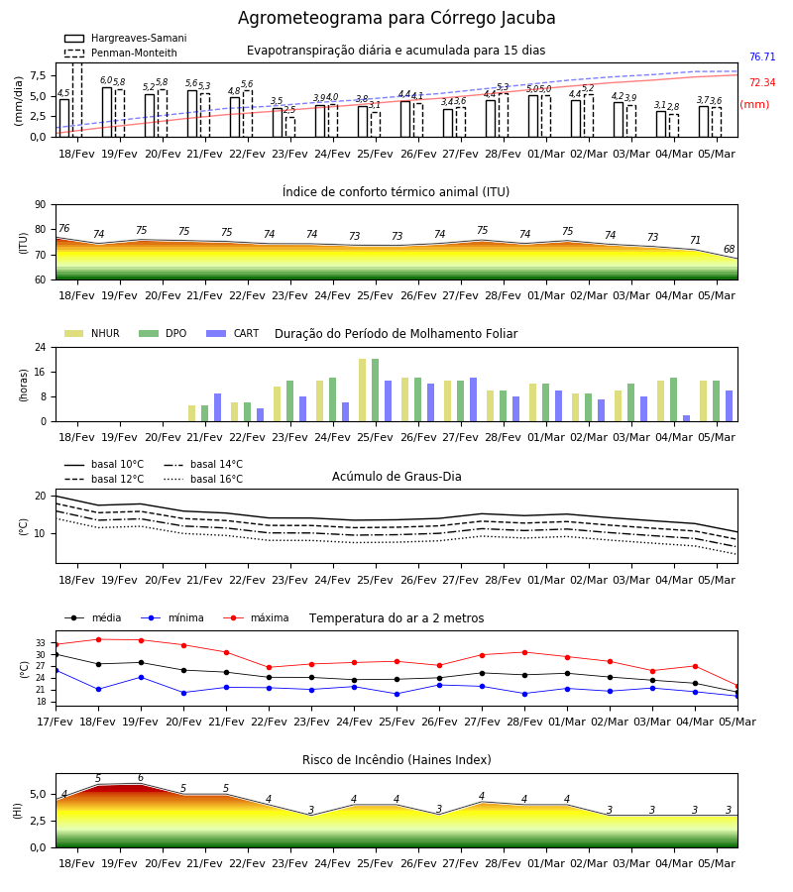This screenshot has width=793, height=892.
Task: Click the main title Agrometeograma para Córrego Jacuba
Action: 396,18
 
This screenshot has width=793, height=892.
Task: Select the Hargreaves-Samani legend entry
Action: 125,38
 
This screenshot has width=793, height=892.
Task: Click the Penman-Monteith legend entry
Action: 121,53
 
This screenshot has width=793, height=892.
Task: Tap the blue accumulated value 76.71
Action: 762,56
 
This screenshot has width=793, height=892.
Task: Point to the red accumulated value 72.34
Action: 762,82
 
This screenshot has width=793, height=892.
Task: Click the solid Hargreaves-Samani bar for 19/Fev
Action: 107,112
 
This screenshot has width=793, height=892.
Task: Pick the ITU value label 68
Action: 729,249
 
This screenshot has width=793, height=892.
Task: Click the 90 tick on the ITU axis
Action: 41,205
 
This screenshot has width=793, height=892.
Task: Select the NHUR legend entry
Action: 91,333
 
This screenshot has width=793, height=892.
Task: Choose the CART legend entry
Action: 233,333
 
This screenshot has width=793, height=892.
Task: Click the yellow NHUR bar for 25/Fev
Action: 363,390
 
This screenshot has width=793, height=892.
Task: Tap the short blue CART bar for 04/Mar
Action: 686,418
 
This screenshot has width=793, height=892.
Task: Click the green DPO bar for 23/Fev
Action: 289,401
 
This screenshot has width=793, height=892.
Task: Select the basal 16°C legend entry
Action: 203,479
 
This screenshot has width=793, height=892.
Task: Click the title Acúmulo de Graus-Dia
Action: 396,477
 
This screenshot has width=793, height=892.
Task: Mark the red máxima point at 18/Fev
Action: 98,639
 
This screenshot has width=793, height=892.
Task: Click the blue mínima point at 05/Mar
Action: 737,696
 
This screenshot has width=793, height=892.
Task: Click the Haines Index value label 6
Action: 141,778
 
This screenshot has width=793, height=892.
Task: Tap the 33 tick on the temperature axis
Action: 41,643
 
